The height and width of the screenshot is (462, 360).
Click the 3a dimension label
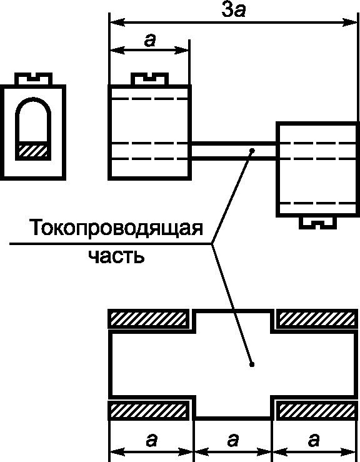(x=233, y=11)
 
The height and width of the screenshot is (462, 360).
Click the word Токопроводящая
(x=116, y=228)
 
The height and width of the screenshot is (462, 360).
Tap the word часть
(x=116, y=256)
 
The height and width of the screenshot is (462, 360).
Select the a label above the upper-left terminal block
(x=150, y=41)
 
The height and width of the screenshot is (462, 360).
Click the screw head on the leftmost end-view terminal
(x=33, y=79)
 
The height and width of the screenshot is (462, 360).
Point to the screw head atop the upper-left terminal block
(x=149, y=79)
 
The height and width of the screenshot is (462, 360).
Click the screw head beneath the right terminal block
(x=318, y=223)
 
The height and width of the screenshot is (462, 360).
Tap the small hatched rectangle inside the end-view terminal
(x=33, y=151)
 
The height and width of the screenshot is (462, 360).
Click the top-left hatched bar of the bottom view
(x=148, y=319)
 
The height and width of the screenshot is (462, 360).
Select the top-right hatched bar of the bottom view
(x=317, y=319)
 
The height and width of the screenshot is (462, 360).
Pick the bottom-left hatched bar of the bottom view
(x=148, y=410)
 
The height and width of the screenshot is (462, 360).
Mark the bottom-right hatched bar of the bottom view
(x=317, y=410)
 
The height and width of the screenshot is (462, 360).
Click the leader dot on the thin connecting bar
(x=252, y=151)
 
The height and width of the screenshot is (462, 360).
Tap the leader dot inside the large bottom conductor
(x=252, y=364)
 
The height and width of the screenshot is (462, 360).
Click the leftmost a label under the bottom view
(x=151, y=440)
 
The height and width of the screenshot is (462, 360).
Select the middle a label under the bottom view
(x=232, y=440)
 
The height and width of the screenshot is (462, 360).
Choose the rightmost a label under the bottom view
(x=314, y=440)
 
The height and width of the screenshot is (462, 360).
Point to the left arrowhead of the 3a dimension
(x=117, y=22)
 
